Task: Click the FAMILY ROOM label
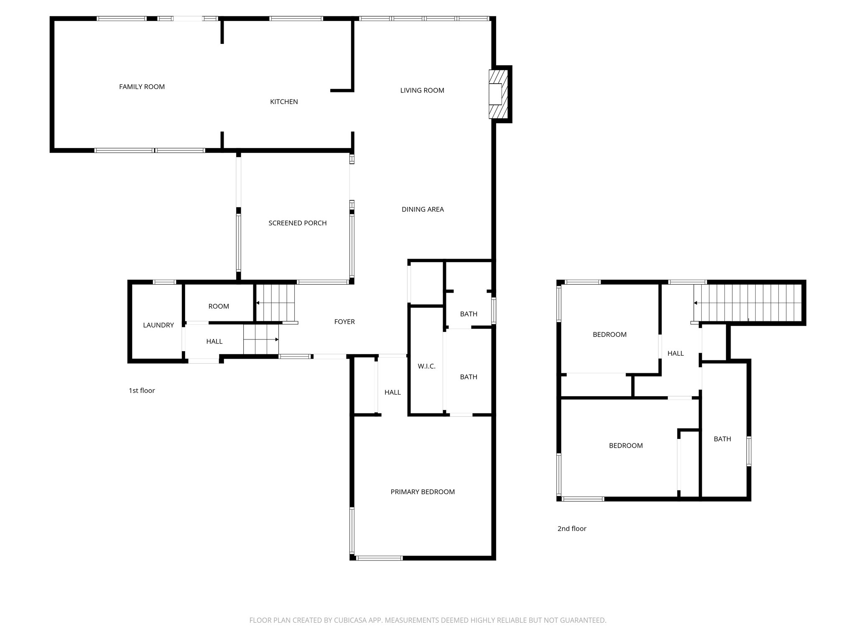(x=142, y=87)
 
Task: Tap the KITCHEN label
(x=284, y=102)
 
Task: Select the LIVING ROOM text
(x=422, y=90)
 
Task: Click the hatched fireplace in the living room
(x=498, y=94)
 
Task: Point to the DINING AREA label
(x=423, y=209)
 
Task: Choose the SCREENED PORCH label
(x=297, y=223)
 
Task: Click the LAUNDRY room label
(x=158, y=325)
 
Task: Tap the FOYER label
(x=344, y=322)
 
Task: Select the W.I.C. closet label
(x=426, y=367)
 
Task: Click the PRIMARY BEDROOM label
(x=423, y=492)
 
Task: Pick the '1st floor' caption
(x=142, y=391)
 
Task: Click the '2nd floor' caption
(x=572, y=529)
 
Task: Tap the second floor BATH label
(x=722, y=439)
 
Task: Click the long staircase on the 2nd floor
(x=748, y=303)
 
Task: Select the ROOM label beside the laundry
(x=219, y=306)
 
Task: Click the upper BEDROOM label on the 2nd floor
(x=609, y=334)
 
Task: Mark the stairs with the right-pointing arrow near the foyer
(x=261, y=340)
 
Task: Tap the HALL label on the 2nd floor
(x=675, y=354)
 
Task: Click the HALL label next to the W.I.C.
(x=392, y=392)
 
